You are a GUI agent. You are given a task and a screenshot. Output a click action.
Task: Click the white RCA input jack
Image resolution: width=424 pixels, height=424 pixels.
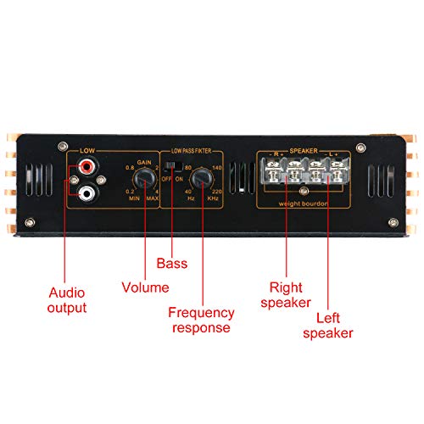click(87, 195)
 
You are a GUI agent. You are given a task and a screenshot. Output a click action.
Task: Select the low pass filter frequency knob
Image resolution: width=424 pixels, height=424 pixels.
click(201, 180)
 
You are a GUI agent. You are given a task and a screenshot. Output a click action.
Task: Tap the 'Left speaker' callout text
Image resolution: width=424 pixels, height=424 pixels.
click(330, 326)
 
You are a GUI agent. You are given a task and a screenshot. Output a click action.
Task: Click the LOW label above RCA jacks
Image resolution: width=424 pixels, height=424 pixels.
click(86, 152)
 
